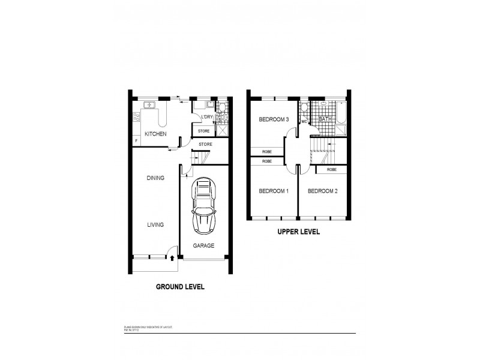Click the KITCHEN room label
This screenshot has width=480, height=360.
155,134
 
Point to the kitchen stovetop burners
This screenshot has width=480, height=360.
136,118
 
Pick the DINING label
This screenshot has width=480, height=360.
155,178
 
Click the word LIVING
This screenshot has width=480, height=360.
155,224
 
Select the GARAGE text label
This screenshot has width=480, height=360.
203,245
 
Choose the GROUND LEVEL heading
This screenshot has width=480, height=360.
180,287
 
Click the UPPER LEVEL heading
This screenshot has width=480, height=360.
298,231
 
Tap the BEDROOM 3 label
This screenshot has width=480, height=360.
274,120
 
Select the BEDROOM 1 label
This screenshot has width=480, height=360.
274,191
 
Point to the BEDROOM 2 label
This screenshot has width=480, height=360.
323,191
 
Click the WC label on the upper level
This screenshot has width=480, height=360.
304,121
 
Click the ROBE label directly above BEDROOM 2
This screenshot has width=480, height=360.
331,170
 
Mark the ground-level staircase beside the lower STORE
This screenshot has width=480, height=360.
199,158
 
